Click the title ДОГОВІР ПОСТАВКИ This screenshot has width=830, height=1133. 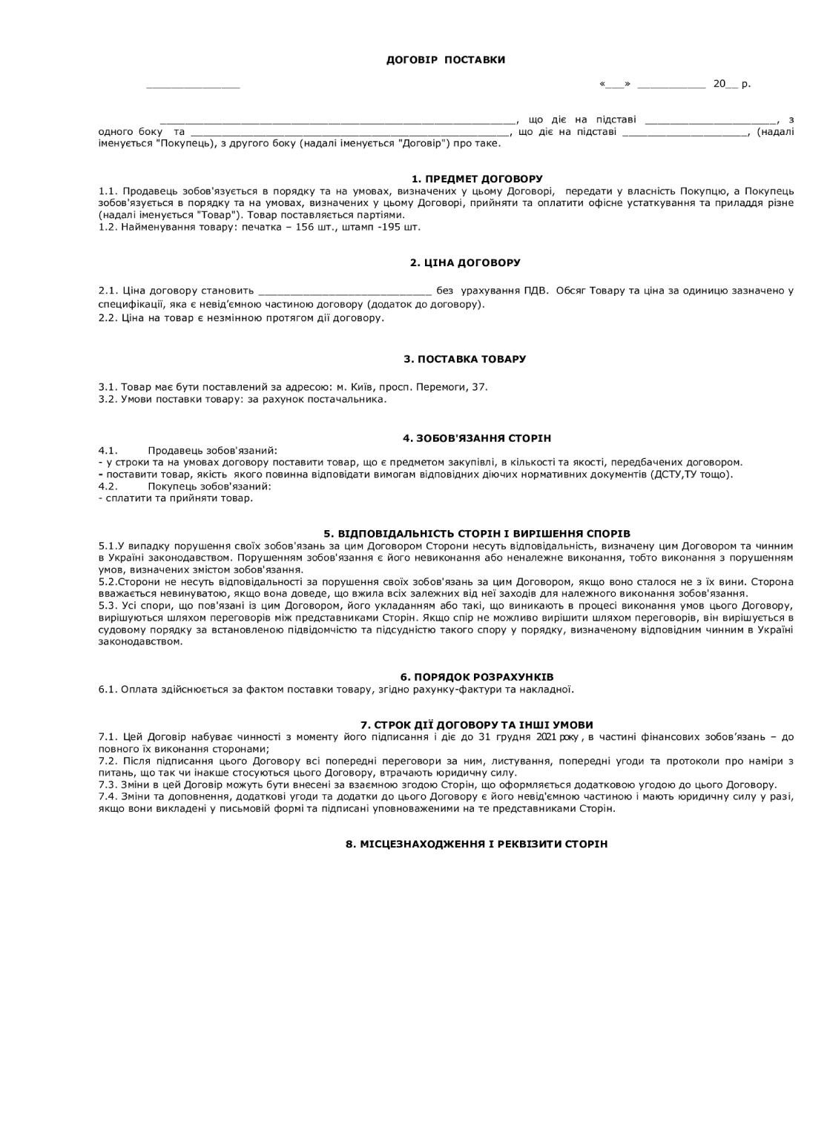point(446,59)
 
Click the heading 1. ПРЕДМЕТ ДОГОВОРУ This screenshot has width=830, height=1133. point(477,179)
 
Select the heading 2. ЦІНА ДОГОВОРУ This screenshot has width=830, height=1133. point(465,262)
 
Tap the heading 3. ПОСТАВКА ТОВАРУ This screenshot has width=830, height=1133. point(465,359)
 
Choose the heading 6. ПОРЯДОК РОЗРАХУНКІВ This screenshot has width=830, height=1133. point(477,677)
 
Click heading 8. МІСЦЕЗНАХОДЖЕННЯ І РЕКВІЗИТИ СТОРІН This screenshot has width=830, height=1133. point(477,844)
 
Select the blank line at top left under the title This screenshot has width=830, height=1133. point(193,86)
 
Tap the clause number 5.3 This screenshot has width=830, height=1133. point(107,606)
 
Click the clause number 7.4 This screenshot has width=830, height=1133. point(108,796)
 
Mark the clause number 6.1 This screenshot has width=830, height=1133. point(108,690)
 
